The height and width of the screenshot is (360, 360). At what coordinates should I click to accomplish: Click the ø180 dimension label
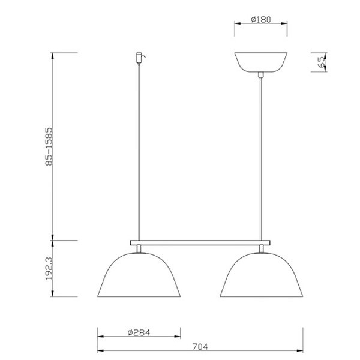(x=261, y=20)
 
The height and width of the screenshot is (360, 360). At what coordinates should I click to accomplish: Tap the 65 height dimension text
(x=322, y=62)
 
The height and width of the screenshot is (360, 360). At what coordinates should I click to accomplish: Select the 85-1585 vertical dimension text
(x=49, y=147)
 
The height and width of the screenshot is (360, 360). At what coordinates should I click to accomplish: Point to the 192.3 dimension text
(x=49, y=268)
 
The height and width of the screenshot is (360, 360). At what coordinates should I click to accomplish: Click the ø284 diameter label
(x=139, y=332)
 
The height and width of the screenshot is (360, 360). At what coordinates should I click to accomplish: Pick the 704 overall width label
(x=200, y=347)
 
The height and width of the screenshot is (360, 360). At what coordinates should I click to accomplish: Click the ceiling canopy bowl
(x=261, y=62)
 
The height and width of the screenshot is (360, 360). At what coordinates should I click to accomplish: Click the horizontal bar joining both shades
(x=200, y=242)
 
